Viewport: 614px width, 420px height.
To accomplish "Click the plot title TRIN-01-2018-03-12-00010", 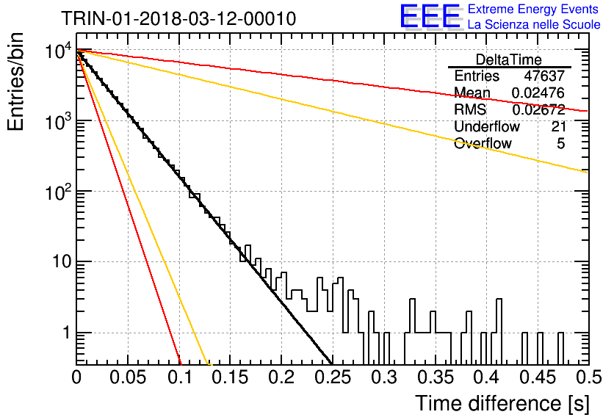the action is pyautogui.click(x=178, y=18).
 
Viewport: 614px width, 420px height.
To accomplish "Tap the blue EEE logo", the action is pyautogui.click(x=430, y=16).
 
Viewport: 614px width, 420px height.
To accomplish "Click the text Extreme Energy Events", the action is pyautogui.click(x=533, y=9).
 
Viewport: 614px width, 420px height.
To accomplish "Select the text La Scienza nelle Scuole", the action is pyautogui.click(x=534, y=24).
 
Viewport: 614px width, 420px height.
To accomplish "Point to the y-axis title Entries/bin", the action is pyautogui.click(x=15, y=82).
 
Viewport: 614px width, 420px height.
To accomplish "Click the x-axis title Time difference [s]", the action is pyautogui.click(x=502, y=403).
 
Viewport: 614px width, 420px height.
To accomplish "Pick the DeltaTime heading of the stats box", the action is pyautogui.click(x=509, y=59).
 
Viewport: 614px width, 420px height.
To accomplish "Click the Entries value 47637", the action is pyautogui.click(x=544, y=76).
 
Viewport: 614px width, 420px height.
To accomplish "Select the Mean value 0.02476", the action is pyautogui.click(x=538, y=93).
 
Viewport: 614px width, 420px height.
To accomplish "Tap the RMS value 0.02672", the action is pyautogui.click(x=538, y=110).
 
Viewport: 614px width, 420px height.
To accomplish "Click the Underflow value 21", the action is pyautogui.click(x=558, y=126).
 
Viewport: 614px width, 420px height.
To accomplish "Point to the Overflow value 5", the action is pyautogui.click(x=560, y=144).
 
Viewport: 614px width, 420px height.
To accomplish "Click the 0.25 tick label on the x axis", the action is pyautogui.click(x=333, y=377).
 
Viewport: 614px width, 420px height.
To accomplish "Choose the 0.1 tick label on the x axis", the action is pyautogui.click(x=180, y=377).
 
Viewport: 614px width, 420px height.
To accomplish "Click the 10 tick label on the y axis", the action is pyautogui.click(x=62, y=261).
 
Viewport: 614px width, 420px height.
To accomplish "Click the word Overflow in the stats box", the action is pyautogui.click(x=483, y=144).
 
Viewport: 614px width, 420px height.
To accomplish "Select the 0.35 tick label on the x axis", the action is pyautogui.click(x=436, y=377).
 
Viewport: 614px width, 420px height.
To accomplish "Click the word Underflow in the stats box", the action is pyautogui.click(x=487, y=126).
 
